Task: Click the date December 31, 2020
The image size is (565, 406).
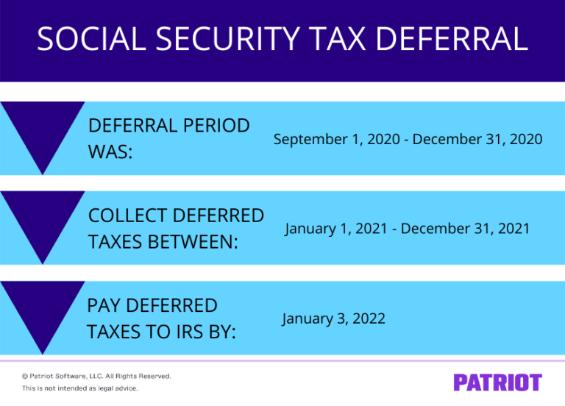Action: [477, 139]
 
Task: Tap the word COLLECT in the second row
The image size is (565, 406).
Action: [124, 216]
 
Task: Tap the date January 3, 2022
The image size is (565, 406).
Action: [333, 318]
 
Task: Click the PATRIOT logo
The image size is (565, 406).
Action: [497, 382]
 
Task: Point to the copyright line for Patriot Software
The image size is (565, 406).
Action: [96, 376]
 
